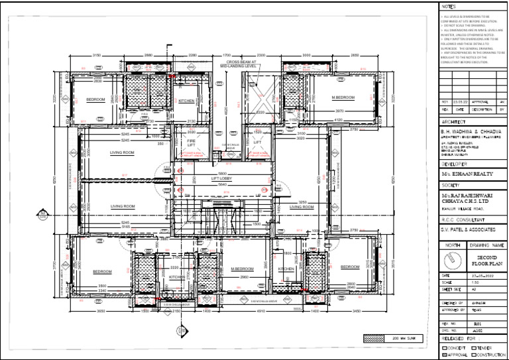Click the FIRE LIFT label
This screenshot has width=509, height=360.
click(190, 142)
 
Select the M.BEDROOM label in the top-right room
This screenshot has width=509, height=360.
click(343, 97)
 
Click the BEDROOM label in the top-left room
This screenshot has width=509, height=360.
click(95, 99)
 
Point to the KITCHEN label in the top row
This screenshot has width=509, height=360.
click(186, 101)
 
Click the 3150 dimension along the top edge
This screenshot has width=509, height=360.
click(96, 55)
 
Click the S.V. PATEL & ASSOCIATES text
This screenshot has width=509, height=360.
click(468, 229)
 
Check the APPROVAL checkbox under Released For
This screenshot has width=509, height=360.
click(445, 355)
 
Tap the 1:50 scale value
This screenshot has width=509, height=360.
click(473, 282)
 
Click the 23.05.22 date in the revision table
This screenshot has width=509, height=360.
click(460, 102)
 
